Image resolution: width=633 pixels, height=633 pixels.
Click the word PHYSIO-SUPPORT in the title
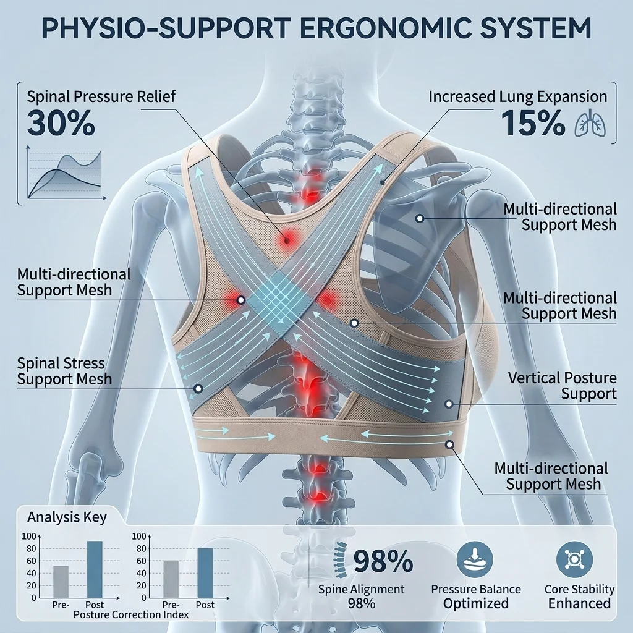166,28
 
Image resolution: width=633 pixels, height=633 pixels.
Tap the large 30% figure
61,123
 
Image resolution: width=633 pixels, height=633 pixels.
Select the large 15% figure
532,123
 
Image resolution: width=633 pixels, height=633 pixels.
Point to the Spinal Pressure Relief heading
101,97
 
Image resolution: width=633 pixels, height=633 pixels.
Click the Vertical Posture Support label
562,386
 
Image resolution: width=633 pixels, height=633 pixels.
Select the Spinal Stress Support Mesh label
64,371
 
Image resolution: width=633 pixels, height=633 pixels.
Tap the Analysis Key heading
67,517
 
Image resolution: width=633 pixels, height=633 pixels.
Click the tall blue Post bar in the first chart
95,569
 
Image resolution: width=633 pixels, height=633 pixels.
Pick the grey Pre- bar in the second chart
171,579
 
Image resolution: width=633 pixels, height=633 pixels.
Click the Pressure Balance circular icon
475,559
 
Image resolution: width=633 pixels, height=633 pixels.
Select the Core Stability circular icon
574,559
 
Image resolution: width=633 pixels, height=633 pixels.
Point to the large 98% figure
383,561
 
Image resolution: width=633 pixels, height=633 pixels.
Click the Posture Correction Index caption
131,615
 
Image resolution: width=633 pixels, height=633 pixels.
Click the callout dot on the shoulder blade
420,218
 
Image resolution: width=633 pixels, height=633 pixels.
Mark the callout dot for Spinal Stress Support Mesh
198,389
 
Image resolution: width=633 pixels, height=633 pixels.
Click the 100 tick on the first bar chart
28,537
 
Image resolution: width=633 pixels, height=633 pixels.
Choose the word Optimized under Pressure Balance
475,603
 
